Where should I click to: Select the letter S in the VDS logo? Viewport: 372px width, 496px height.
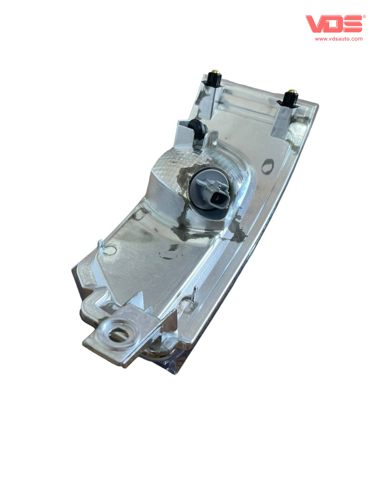pos(353,24)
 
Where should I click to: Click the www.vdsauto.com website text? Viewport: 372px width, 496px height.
pos(339,39)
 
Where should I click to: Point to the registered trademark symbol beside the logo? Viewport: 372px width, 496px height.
pos(364,17)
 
